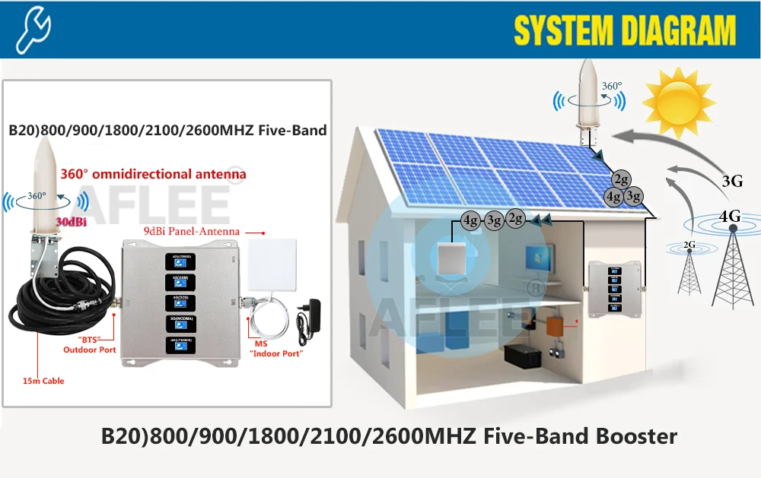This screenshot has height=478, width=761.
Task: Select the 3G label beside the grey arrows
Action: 733,181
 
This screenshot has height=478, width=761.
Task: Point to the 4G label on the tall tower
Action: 730,216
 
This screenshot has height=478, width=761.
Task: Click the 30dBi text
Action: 70,221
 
